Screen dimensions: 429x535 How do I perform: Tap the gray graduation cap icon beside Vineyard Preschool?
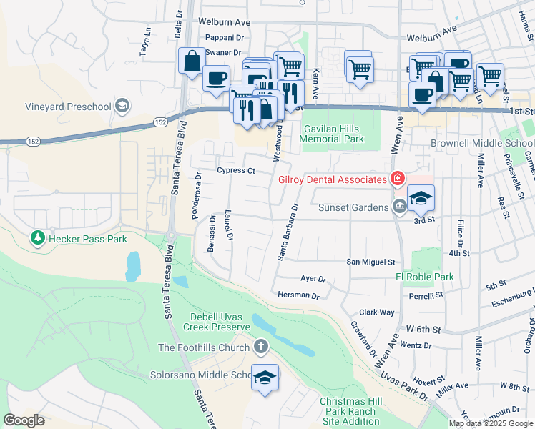[x=122, y=107]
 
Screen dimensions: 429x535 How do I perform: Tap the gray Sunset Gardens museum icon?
[x=399, y=207]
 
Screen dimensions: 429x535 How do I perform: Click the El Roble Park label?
[x=425, y=277]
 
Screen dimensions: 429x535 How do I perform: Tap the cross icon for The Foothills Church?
[x=261, y=347]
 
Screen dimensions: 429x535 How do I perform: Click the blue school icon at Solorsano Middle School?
[x=265, y=378]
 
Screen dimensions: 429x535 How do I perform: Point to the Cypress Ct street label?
[x=236, y=171]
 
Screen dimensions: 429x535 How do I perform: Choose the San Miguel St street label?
[x=371, y=262]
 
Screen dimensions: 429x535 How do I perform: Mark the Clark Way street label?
[x=377, y=312]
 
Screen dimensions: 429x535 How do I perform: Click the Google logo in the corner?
[x=24, y=420]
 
